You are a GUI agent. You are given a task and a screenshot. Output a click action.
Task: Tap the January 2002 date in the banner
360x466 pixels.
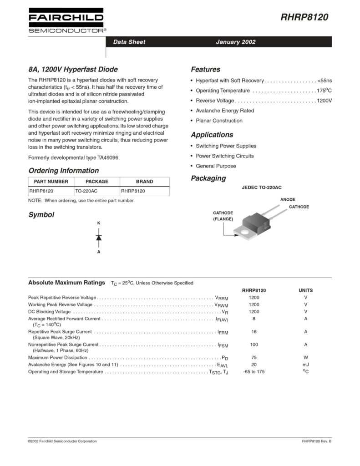pyautogui.click(x=235, y=42)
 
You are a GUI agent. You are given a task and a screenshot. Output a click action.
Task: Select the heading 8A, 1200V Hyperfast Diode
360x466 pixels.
pyautogui.click(x=73, y=70)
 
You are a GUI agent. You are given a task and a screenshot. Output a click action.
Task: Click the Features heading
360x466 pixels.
pyautogui.click(x=205, y=70)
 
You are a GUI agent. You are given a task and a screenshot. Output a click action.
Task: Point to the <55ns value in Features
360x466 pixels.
pyautogui.click(x=325, y=81)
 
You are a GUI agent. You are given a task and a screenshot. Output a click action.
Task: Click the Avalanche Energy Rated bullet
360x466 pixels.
pyautogui.click(x=225, y=111)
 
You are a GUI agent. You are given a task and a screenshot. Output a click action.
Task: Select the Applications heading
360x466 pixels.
pyautogui.click(x=212, y=135)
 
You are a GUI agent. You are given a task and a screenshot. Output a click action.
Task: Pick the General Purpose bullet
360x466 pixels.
pyautogui.click(x=216, y=166)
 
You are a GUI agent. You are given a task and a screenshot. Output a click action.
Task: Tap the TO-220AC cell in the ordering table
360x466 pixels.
pyautogui.click(x=86, y=191)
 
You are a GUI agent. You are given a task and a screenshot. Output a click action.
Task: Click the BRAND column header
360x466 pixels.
pyautogui.click(x=144, y=181)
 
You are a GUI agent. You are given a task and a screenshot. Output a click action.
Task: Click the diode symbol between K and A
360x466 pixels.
pyautogui.click(x=99, y=237)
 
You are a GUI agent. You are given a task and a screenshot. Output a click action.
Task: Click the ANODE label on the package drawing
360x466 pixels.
pyautogui.click(x=288, y=199)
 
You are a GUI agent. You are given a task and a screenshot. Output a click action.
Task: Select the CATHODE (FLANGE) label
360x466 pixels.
pyautogui.click(x=223, y=216)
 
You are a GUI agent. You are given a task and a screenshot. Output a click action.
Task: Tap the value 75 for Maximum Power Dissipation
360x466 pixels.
pyautogui.click(x=254, y=358)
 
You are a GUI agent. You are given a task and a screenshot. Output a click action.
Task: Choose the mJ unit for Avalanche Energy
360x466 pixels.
pyautogui.click(x=305, y=365)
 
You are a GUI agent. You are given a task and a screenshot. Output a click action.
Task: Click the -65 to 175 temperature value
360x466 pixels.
pyautogui.click(x=254, y=372)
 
